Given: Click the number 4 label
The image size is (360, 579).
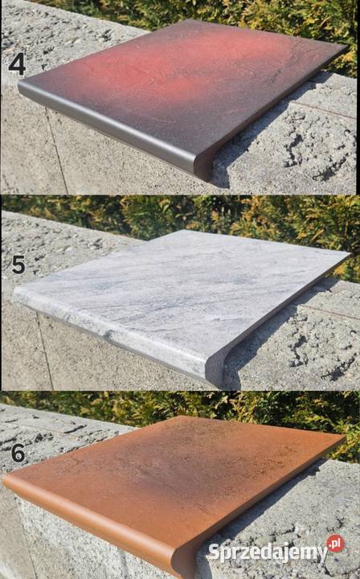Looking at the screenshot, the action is (x=17, y=64).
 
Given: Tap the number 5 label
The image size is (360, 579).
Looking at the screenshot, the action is (x=18, y=265).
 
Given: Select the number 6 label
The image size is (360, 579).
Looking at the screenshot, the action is (x=18, y=453).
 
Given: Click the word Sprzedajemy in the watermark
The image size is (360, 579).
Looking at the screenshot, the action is (x=268, y=552).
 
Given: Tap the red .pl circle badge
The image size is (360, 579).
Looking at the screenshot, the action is (x=335, y=543).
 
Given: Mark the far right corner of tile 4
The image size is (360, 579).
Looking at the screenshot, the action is (x=346, y=47).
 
